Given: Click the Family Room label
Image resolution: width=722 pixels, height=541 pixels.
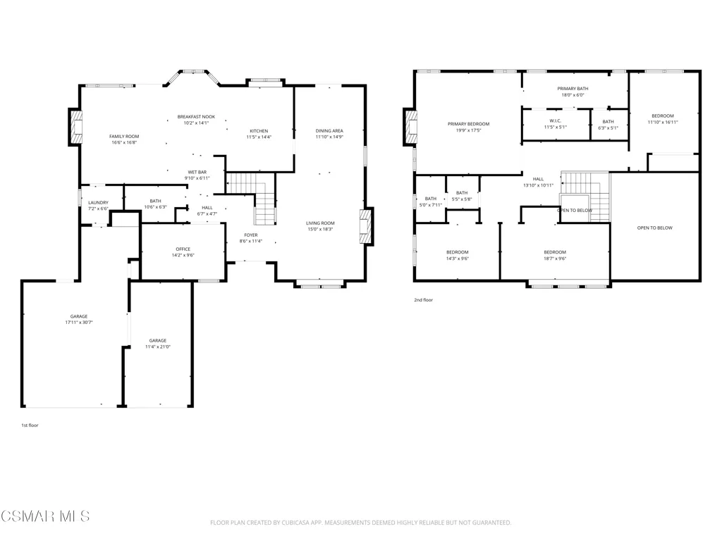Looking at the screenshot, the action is tap(124, 136).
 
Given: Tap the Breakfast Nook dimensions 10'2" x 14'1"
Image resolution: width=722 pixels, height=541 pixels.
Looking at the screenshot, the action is tap(196, 123).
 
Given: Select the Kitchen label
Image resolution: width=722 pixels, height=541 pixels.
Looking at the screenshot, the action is tap(259, 131).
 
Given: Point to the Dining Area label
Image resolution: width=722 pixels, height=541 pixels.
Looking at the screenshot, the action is tap(329, 130).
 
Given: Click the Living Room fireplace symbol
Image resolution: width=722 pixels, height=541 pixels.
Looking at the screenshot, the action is tap(365, 226).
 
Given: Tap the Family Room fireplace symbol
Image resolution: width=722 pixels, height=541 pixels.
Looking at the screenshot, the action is tap(76, 128).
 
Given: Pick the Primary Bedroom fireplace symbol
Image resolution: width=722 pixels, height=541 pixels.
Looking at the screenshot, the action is tap(411, 127).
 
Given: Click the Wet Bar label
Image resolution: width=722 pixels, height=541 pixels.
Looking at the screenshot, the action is tap(197, 172).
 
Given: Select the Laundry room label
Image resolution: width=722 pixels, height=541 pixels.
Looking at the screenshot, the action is tap(98, 202).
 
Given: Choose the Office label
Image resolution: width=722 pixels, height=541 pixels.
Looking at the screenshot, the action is tap(183, 249).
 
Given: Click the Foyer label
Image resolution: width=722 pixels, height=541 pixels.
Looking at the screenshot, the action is tap(251, 235).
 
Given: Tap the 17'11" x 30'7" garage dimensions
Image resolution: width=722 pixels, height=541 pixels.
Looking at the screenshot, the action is tap(79, 323).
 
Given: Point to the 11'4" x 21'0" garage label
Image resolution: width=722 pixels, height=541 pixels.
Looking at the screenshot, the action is tap(157, 344).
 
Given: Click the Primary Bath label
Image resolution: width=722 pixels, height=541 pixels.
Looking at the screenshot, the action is tap(573, 89).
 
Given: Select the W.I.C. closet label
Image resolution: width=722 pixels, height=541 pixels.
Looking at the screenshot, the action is tap(556, 121).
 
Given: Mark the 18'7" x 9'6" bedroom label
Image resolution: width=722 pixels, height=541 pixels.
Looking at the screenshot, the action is tap(555, 255).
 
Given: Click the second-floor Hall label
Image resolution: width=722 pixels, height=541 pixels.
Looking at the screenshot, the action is tap(538, 179).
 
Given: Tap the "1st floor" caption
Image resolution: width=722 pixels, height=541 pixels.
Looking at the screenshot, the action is tap(30, 425).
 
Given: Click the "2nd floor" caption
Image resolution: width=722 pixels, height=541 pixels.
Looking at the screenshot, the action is tap(423, 300).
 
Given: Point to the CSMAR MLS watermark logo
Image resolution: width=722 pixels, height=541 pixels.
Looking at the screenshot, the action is tap(45, 516).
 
